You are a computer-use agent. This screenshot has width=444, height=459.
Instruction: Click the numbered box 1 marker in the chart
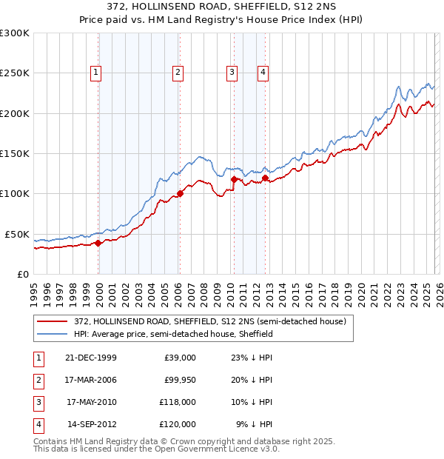tap(97, 73)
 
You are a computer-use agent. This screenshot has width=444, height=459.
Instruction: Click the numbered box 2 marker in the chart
tap(178, 73)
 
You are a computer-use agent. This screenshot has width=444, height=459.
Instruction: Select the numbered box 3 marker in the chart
tap(232, 73)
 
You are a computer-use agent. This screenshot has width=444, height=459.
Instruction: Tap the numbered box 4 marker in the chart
tap(263, 73)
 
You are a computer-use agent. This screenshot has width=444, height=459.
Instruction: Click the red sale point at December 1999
tap(98, 242)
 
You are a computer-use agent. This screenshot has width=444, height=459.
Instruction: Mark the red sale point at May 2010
tap(234, 179)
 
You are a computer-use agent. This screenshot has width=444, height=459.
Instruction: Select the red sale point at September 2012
tap(264, 178)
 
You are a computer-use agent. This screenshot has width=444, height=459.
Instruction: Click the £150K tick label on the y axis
tap(15, 153)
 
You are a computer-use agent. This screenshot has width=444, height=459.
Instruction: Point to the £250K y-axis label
tap(15, 73)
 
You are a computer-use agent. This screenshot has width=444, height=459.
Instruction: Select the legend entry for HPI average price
tap(173, 334)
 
